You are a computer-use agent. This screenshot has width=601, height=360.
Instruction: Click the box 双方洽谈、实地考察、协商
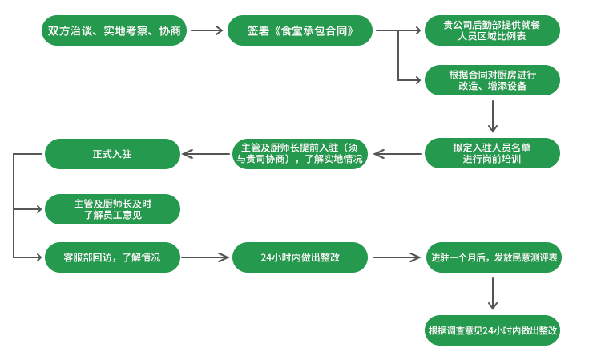tap(113, 30)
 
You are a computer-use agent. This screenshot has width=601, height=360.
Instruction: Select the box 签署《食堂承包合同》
tap(300, 30)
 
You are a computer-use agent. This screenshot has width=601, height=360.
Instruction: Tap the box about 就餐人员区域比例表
tap(492, 30)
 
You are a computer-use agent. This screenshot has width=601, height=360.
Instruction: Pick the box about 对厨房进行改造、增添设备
tap(492, 80)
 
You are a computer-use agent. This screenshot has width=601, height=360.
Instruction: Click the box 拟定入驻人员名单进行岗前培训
tap(492, 153)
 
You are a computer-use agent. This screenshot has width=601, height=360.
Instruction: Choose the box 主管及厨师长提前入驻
tap(300, 153)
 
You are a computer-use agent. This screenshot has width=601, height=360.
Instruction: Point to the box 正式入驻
tap(113, 153)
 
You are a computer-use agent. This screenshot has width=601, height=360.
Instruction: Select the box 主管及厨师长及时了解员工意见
tap(113, 209)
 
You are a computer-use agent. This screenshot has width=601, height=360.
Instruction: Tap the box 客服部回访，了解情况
tap(113, 257)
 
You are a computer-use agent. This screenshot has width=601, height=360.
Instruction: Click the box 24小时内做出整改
tap(300, 257)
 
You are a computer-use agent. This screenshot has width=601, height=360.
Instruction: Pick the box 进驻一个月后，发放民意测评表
tap(492, 257)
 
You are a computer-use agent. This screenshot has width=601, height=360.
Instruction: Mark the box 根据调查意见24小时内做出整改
tap(492, 330)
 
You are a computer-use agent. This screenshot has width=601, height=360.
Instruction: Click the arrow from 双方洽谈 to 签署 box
tap(206, 30)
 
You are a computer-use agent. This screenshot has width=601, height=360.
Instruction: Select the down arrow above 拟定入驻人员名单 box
tap(493, 116)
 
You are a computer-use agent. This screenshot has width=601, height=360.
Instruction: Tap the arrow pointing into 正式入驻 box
tap(204, 153)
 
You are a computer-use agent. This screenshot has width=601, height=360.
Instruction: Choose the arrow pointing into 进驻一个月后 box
tap(397, 257)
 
